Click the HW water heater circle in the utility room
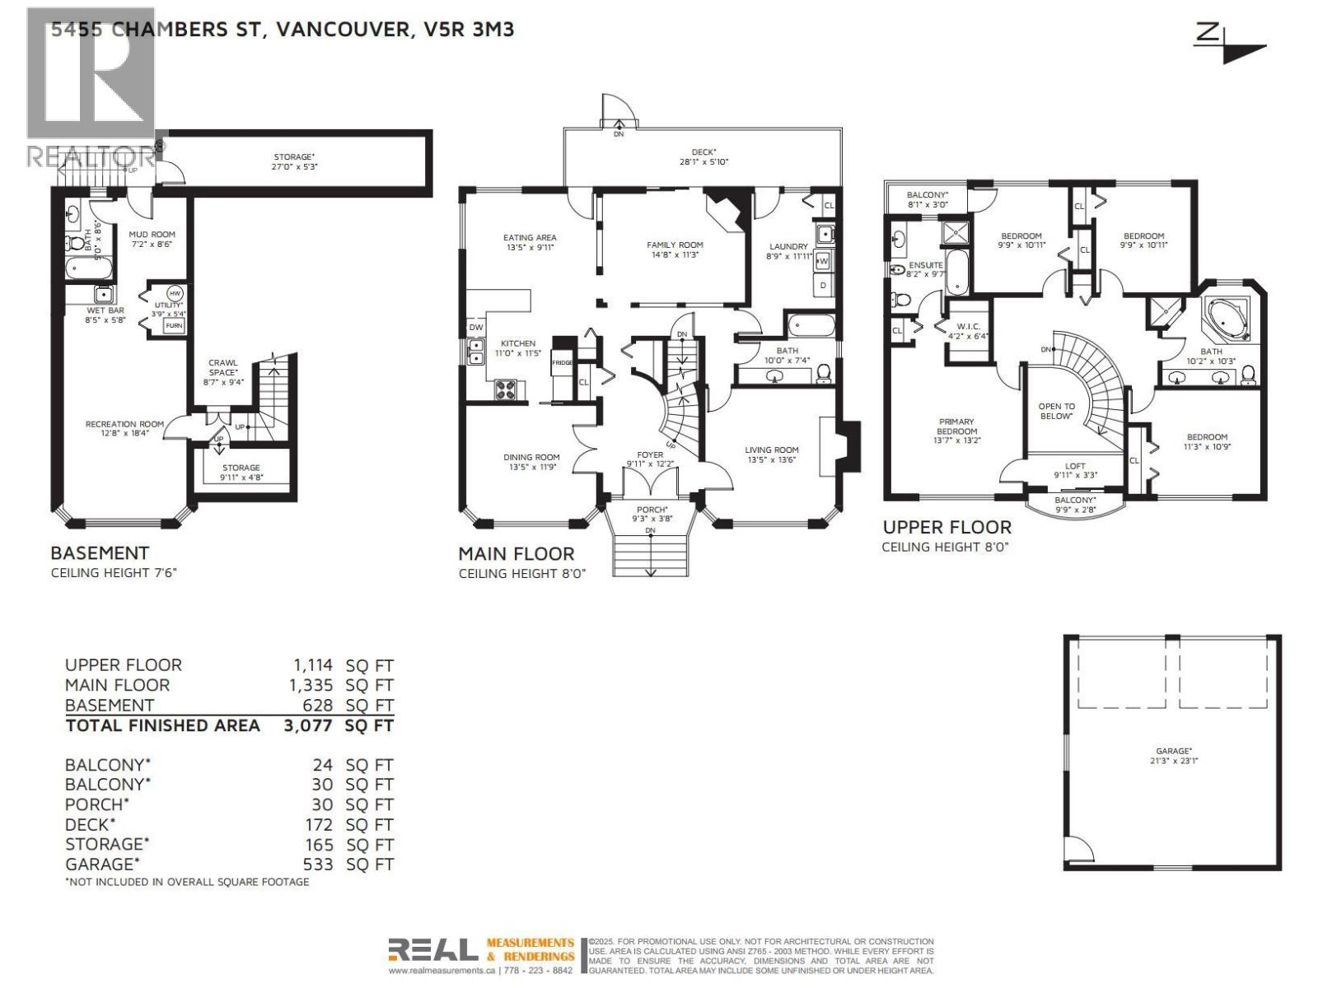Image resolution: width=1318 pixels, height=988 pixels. tap(175, 294)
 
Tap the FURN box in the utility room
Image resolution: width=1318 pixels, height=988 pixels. tap(174, 326)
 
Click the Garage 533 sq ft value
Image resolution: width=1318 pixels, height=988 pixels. tap(318, 864)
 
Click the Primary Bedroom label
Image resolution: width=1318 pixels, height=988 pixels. tap(956, 431)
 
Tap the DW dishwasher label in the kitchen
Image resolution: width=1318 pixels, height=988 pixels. tap(476, 328)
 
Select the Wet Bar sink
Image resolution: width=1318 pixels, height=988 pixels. tap(103, 294)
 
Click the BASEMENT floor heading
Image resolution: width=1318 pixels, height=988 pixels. tap(100, 552)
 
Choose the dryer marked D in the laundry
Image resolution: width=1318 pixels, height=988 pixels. tap(823, 285)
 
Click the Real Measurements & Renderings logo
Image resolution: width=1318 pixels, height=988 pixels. tap(481, 954)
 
